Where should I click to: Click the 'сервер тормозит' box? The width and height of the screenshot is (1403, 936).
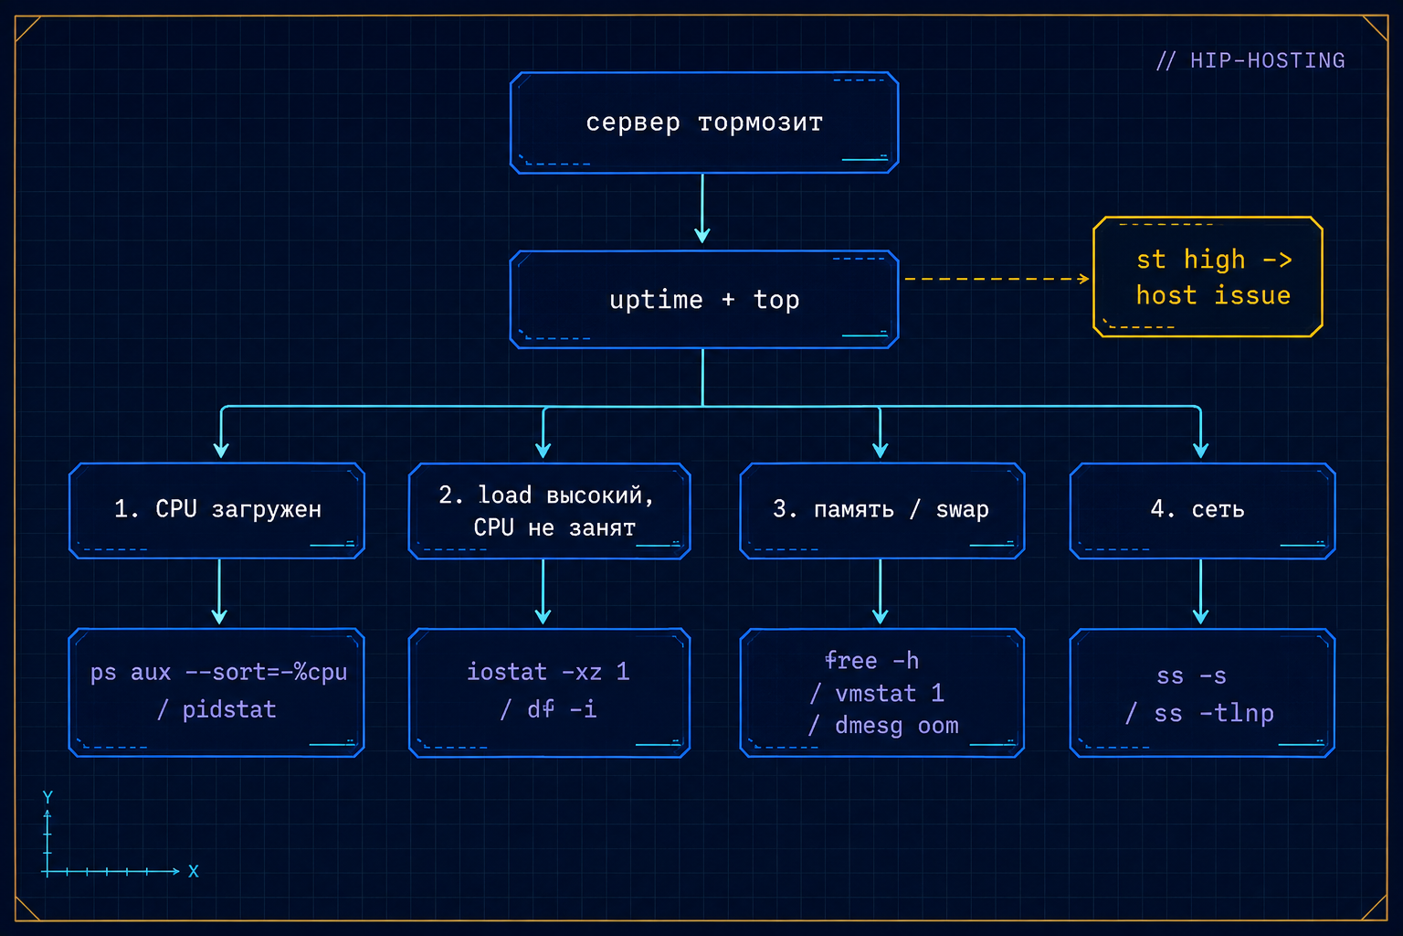[704, 122]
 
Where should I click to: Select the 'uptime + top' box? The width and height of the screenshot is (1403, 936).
[704, 300]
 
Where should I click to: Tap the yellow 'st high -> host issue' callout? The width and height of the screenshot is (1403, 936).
[1208, 277]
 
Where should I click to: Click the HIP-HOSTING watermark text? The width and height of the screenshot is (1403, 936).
[1250, 61]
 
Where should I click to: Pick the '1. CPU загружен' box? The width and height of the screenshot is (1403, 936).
[216, 510]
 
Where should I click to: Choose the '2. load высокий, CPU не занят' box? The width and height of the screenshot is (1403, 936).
[549, 511]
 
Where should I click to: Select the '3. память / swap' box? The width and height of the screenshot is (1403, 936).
[881, 510]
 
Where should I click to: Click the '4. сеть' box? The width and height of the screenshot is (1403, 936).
[1203, 510]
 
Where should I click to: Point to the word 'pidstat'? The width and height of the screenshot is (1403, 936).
[229, 709]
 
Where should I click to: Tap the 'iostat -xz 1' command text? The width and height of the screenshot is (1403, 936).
[548, 672]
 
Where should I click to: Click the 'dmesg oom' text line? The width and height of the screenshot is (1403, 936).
[897, 726]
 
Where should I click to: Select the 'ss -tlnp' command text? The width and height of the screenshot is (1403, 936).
[1214, 714]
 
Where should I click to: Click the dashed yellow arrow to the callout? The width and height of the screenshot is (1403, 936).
[997, 279]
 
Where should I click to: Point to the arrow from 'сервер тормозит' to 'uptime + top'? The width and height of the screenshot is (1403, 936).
[702, 208]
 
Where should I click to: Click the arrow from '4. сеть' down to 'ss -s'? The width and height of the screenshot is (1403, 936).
[1201, 591]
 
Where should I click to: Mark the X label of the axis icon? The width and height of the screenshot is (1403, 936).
[194, 871]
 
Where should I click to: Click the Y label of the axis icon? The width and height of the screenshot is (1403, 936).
[47, 797]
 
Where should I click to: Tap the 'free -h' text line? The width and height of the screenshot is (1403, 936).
[872, 661]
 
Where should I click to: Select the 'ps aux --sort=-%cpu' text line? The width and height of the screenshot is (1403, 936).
[218, 673]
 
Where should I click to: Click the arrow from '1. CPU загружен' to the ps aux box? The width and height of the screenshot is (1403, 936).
[219, 591]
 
